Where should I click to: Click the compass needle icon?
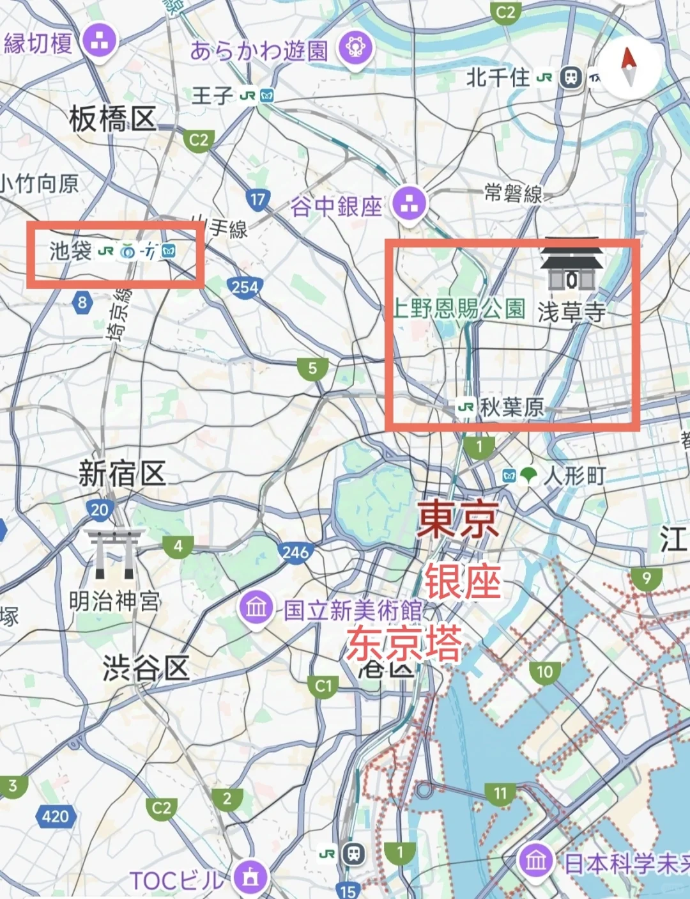[629, 67]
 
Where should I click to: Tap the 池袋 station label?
[71, 251]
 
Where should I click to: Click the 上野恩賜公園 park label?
[459, 309]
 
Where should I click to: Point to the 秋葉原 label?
[511, 407]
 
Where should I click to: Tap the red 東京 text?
[458, 519]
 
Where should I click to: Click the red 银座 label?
[463, 581]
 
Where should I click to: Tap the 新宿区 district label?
[122, 474]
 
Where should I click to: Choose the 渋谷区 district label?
[146, 668]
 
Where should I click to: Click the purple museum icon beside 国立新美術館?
[256, 607]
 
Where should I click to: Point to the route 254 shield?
[245, 287]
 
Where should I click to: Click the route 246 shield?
[295, 551]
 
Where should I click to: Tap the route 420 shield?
[56, 817]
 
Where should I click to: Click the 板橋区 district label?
[112, 120]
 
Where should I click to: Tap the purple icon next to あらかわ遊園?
[356, 48]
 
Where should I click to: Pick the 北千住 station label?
[498, 78]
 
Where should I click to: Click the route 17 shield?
[257, 199]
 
